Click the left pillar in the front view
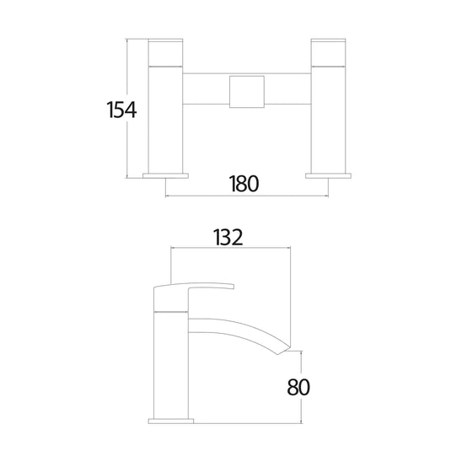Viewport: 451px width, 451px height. pos(164,118)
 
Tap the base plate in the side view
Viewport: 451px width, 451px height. pos(171,419)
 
